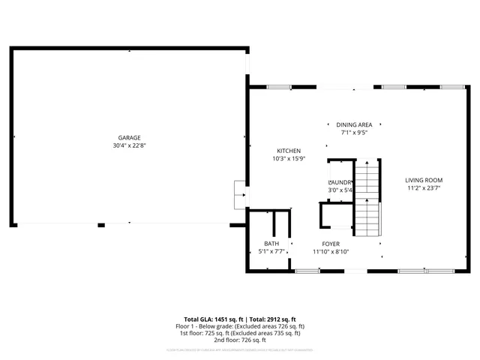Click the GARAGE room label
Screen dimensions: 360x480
(x=129, y=138)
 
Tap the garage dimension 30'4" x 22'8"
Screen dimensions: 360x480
(x=129, y=146)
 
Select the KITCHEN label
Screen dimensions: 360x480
(x=289, y=151)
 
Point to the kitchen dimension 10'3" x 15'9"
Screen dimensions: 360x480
(x=289, y=159)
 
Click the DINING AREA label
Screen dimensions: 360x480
(x=354, y=124)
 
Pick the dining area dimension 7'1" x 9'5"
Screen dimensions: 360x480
(x=354, y=133)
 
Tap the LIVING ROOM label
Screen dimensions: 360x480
(x=424, y=180)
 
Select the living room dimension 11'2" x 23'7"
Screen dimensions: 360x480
(x=424, y=188)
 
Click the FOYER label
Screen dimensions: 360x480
(x=331, y=244)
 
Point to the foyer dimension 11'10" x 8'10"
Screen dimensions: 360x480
(x=331, y=252)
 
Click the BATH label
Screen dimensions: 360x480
(x=271, y=244)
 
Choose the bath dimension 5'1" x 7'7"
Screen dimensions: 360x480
(x=271, y=252)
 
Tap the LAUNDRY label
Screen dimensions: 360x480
(x=340, y=182)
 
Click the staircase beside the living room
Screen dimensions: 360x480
(x=367, y=199)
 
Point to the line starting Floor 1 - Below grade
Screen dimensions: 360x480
(x=240, y=326)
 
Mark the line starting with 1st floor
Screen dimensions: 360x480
(x=240, y=333)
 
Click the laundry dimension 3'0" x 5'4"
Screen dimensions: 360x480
(x=340, y=190)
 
